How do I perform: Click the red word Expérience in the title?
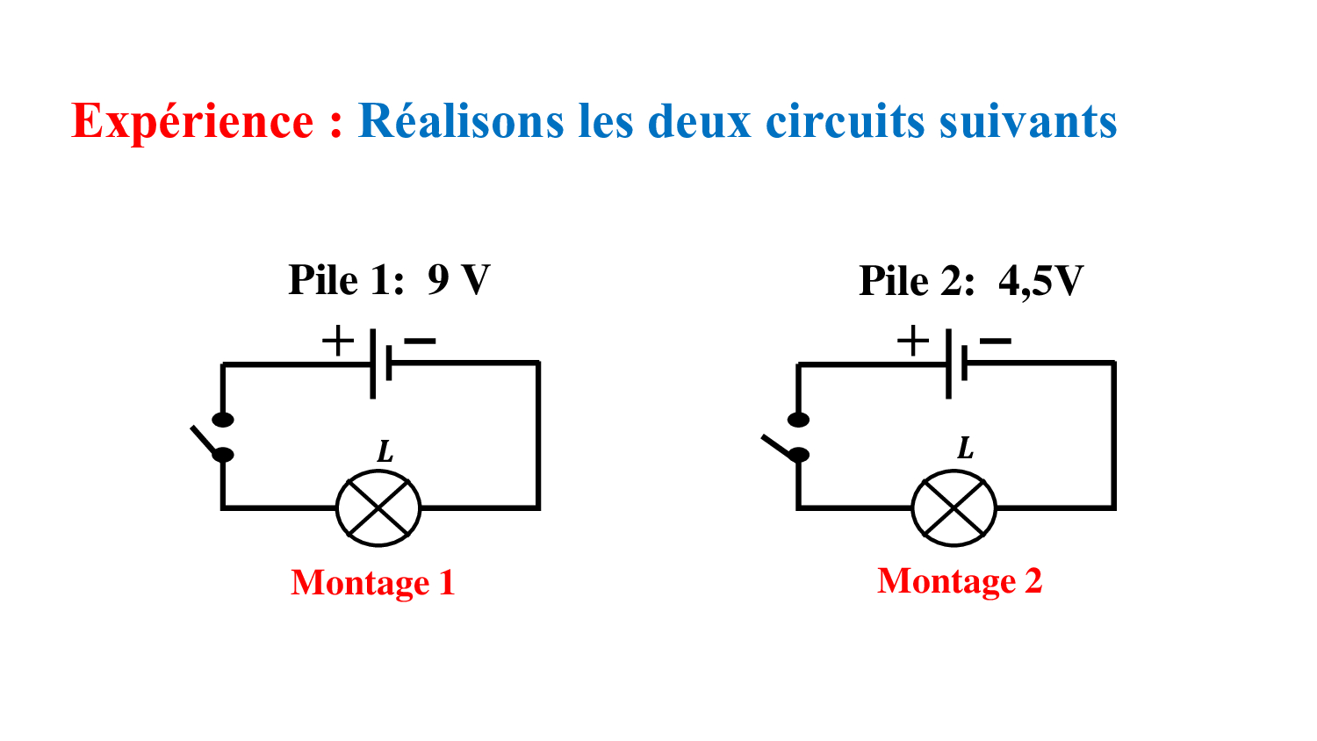click(192, 121)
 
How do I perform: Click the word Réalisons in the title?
click(460, 121)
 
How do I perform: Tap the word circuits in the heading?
click(846, 121)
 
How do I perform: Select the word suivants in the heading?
click(1027, 121)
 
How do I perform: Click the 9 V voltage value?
click(458, 280)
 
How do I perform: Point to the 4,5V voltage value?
click(1040, 281)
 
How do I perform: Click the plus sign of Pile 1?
click(337, 341)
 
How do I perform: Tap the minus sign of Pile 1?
click(421, 341)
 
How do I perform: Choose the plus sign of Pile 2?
click(913, 341)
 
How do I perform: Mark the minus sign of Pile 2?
click(996, 341)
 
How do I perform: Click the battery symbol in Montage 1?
click(380, 363)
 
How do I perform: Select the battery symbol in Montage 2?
click(956, 363)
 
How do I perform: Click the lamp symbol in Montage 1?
click(378, 507)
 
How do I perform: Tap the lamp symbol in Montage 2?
click(954, 507)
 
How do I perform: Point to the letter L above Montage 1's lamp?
click(385, 452)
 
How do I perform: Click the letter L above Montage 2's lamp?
click(965, 449)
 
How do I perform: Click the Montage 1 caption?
click(373, 583)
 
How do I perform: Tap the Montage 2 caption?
click(960, 581)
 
